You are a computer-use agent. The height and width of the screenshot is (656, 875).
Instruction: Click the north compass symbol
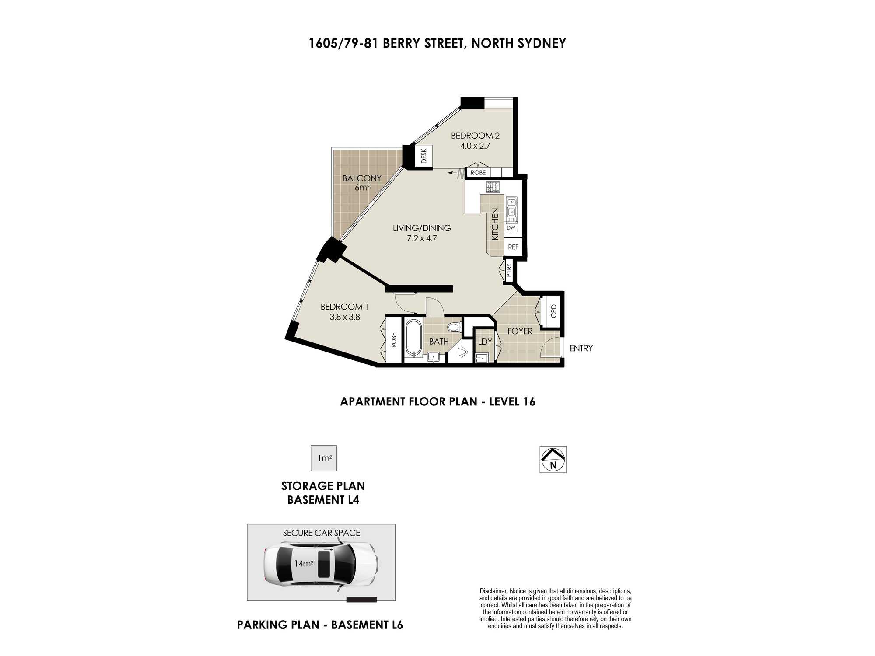553,459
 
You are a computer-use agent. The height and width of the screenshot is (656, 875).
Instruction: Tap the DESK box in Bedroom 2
423,156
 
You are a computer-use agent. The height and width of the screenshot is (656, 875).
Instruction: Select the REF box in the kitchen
513,247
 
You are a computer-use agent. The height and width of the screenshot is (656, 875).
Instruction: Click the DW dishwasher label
511,227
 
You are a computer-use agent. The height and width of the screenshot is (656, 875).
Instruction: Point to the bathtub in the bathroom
413,338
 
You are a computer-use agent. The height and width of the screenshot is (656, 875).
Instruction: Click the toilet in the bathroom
454,326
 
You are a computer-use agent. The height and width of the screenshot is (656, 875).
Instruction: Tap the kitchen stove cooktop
493,187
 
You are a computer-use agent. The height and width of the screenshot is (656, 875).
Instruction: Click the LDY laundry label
485,342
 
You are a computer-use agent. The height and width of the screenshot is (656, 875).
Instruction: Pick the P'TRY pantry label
509,271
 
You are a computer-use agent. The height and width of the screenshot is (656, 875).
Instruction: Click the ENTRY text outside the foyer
581,348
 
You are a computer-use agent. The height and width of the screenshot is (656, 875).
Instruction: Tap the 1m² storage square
324,458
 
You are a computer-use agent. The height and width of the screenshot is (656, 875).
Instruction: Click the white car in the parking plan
321,565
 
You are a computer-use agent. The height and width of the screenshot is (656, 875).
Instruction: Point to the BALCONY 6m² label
362,183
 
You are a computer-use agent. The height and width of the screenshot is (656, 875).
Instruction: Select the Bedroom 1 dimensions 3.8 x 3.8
345,317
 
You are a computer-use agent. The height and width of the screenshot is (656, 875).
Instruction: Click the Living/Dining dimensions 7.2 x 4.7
422,238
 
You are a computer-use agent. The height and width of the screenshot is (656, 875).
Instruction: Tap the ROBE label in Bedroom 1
394,340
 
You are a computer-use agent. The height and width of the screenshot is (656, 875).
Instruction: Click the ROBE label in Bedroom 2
478,173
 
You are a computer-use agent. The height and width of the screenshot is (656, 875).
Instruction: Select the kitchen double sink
511,209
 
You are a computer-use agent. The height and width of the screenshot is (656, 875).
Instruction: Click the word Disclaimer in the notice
494,591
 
